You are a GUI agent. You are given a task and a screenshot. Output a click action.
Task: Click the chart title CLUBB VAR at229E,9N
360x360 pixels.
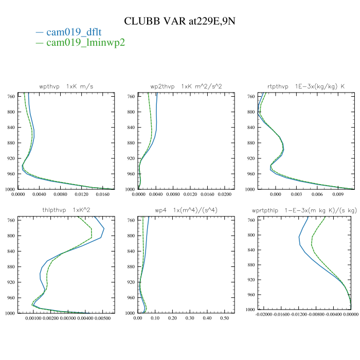(179, 21)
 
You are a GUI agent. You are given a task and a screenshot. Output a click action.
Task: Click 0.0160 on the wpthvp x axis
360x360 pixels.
(103, 194)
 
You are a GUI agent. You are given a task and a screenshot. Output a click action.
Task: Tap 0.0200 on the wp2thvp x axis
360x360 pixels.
(224, 194)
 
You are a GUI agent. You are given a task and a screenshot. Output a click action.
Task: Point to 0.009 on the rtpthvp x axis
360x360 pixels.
(338, 194)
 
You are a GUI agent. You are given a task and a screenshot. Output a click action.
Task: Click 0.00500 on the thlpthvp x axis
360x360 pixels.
(103, 318)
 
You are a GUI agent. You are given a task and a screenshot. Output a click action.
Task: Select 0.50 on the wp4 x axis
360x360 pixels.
(224, 318)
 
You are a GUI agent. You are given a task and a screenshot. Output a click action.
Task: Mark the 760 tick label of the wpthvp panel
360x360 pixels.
(10, 96)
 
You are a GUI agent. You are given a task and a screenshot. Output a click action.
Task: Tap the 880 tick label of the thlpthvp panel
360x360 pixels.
(10, 267)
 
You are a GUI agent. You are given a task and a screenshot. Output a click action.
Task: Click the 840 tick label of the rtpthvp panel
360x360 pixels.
(251, 128)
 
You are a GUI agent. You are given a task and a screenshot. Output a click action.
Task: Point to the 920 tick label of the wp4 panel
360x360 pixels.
(131, 282)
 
